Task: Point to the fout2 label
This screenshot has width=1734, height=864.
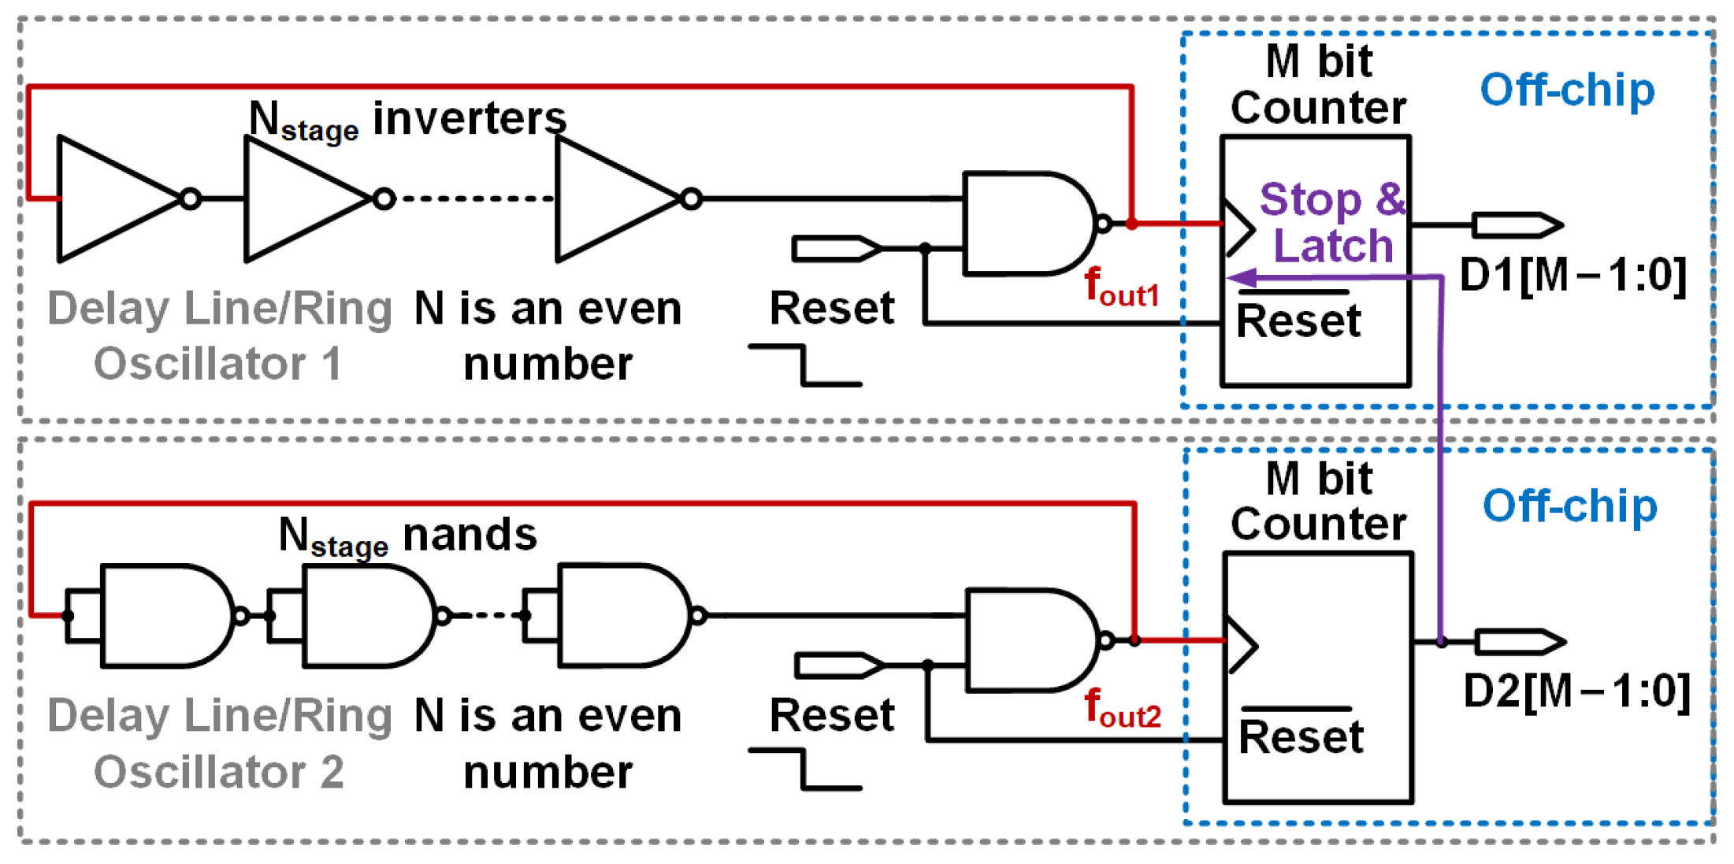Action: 1123,708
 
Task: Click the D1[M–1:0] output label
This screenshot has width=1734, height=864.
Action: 1572,276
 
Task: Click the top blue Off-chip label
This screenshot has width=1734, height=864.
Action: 1567,90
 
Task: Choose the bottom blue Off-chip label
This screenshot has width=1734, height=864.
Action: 1569,506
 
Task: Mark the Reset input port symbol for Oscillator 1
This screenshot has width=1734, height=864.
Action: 837,249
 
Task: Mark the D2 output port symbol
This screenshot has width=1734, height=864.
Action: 1520,642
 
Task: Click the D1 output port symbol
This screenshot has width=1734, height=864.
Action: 1517,225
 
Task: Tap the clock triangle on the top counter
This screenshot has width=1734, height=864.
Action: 1238,229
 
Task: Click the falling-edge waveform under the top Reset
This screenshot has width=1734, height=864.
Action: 804,365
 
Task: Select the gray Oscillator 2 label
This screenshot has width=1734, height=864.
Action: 219,772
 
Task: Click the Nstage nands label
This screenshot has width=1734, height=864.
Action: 408,536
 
